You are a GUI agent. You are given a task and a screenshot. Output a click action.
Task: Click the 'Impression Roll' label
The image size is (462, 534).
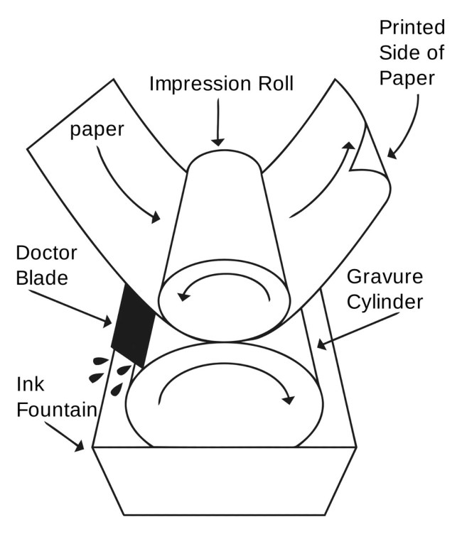coord(220,84)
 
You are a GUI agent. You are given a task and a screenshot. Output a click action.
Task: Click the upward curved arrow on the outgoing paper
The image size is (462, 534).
coord(323,181)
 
